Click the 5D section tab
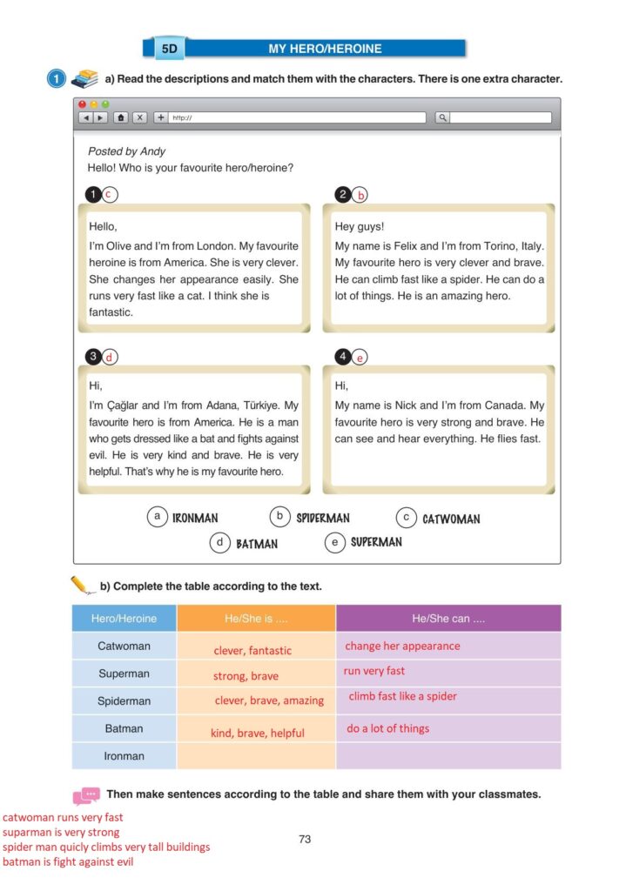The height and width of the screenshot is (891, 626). [169, 49]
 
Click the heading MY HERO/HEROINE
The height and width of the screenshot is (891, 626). [324, 49]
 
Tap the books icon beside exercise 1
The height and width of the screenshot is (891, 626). [84, 78]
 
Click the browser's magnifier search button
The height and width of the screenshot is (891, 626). [442, 117]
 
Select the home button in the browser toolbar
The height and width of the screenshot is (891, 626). [120, 117]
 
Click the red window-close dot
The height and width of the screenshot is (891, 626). [83, 104]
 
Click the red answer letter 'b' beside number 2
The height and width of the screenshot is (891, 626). [360, 195]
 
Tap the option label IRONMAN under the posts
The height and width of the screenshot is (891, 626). [195, 519]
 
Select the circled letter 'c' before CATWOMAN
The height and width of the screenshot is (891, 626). [405, 518]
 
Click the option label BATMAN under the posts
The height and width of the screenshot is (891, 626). [257, 544]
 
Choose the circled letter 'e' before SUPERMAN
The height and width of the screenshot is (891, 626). [334, 542]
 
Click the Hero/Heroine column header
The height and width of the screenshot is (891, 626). [124, 619]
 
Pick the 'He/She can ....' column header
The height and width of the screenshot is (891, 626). [448, 619]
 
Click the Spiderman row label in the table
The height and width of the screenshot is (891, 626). [124, 701]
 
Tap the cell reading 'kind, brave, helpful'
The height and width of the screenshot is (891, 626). [257, 733]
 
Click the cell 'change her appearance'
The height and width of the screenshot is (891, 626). [402, 646]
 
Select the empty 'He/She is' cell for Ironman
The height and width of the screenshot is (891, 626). [256, 756]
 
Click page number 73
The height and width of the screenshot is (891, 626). [305, 840]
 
